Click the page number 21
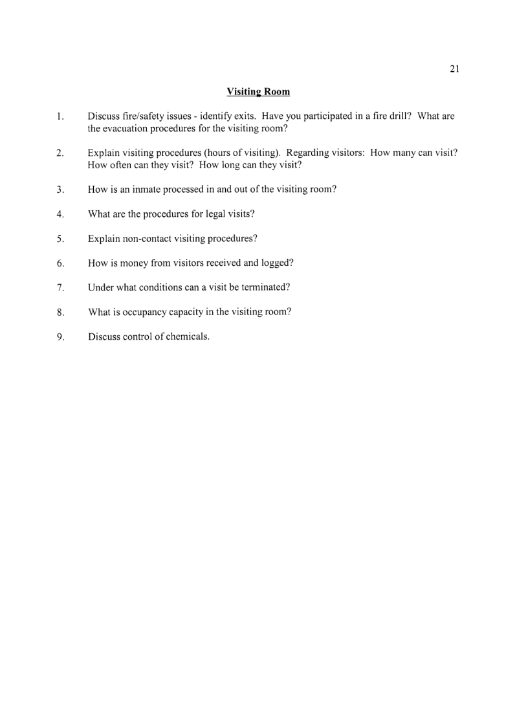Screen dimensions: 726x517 [454, 70]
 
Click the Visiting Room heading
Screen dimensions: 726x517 [258, 92]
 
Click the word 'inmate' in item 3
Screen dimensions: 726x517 [140, 190]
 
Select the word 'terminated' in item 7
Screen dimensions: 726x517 [261, 287]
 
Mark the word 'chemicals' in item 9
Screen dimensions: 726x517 [187, 336]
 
